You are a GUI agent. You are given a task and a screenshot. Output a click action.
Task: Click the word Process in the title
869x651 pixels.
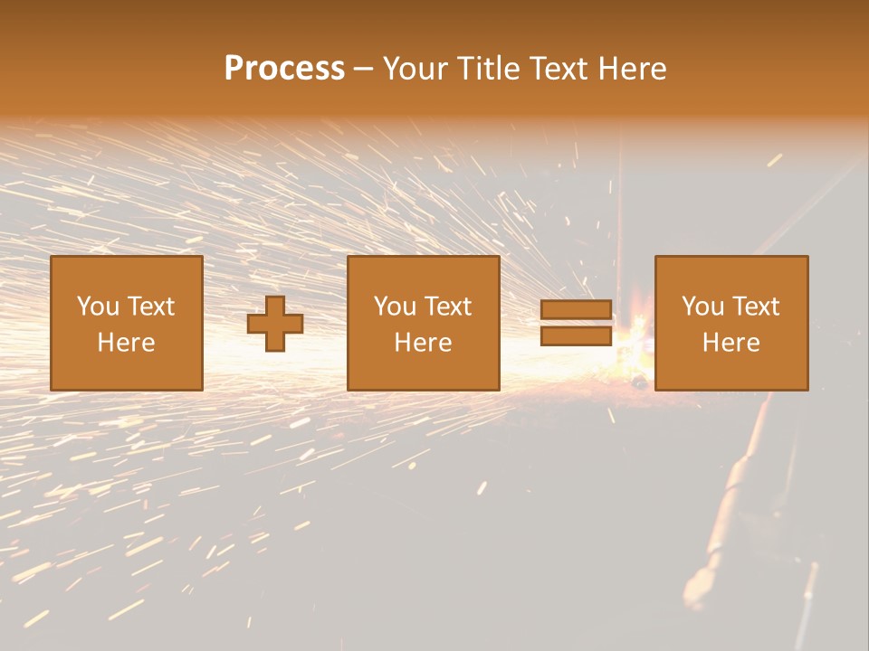tap(284, 69)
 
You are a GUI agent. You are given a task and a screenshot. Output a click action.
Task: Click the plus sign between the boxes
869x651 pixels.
tap(275, 324)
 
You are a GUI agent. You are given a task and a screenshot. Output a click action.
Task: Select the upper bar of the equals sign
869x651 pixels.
tap(576, 310)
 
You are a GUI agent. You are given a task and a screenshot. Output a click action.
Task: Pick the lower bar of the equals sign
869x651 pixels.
tap(576, 336)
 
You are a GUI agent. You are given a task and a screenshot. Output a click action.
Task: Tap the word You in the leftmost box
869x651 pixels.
tap(99, 307)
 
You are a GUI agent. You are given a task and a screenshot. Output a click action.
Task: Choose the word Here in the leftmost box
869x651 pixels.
tap(126, 343)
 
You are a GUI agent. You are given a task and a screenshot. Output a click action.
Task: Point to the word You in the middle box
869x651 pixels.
tap(396, 307)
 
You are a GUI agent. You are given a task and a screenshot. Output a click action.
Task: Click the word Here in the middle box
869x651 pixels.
tap(423, 343)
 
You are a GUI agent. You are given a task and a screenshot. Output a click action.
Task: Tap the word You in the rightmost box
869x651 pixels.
tap(703, 307)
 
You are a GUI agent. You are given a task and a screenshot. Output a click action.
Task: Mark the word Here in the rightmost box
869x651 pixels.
tap(731, 343)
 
